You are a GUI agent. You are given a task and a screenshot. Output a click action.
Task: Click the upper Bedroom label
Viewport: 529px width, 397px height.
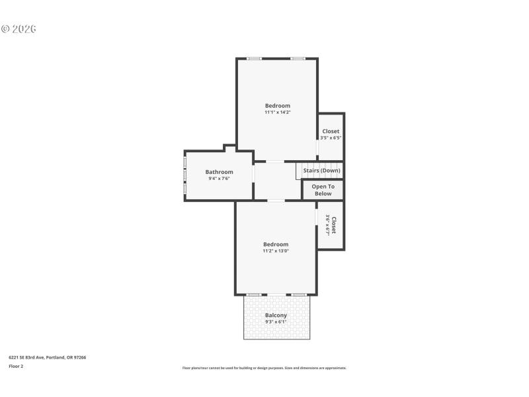pos(278,106)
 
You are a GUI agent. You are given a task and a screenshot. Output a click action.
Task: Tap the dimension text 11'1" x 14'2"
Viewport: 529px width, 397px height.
pos(278,112)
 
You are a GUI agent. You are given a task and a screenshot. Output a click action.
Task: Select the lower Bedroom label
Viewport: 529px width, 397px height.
pos(276,244)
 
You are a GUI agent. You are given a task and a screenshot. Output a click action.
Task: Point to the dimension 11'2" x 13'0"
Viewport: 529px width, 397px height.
pos(276,251)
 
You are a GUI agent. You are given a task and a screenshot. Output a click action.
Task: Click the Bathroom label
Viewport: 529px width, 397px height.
pos(219,172)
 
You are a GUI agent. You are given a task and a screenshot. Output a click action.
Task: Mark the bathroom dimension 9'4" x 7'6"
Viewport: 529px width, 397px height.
pos(219,179)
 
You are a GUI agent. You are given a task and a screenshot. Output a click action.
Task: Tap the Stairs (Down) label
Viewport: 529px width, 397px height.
pos(322,171)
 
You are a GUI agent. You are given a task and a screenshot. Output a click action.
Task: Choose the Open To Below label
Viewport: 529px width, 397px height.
pos(323,190)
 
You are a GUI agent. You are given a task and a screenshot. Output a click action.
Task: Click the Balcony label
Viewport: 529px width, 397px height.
pos(276,316)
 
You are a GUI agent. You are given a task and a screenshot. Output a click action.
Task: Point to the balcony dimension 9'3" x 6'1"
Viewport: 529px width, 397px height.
pos(276,322)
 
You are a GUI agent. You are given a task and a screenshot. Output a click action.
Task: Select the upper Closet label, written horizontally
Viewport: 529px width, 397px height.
pos(331,131)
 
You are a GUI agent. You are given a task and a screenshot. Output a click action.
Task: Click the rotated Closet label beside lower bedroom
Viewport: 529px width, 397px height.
pos(334,226)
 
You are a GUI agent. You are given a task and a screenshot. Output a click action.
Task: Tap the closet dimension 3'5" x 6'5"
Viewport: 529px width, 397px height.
pos(331,138)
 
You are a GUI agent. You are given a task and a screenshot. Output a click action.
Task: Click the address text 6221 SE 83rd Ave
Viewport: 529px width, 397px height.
pos(47,357)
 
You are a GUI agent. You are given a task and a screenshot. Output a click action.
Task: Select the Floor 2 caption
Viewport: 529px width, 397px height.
pos(16,366)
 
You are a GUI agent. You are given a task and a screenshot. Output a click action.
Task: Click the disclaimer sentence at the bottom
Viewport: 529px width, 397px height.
pos(264,368)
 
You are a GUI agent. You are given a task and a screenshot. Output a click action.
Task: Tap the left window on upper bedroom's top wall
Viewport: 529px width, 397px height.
pos(255,59)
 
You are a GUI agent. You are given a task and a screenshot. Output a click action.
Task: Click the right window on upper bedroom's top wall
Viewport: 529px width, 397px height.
pos(298,59)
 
